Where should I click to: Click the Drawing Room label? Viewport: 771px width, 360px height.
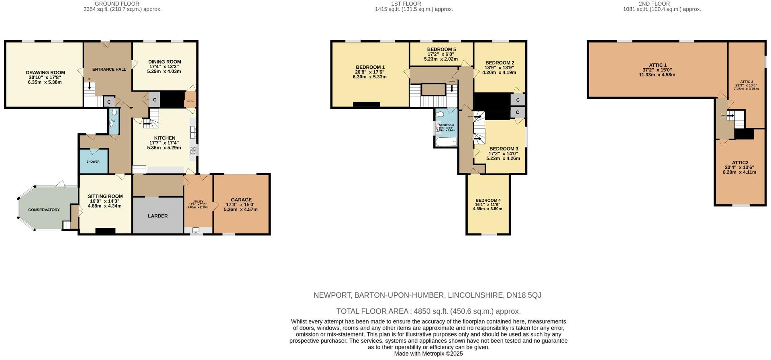pyautogui.click(x=45, y=73)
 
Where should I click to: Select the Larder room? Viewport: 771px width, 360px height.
pyautogui.click(x=157, y=216)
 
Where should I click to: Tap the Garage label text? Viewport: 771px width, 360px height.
pyautogui.click(x=241, y=200)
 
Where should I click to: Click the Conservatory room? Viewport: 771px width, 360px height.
pyautogui.click(x=44, y=210)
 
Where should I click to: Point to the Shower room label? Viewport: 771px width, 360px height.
pyautogui.click(x=93, y=162)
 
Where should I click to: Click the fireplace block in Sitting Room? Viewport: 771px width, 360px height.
pyautogui.click(x=105, y=231)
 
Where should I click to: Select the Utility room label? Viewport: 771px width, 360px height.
pyautogui.click(x=198, y=202)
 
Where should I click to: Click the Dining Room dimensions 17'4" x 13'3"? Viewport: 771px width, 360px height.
pyautogui.click(x=164, y=67)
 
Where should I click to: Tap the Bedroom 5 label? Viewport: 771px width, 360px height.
pyautogui.click(x=441, y=49)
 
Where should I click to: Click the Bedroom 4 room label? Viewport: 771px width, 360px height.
pyautogui.click(x=487, y=200)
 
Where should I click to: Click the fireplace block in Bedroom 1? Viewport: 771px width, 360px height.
pyautogui.click(x=366, y=105)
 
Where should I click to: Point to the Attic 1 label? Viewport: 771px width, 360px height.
pyautogui.click(x=657, y=65)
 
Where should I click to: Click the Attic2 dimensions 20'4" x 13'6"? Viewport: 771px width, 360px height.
pyautogui.click(x=739, y=168)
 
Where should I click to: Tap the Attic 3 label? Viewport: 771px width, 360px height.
pyautogui.click(x=747, y=82)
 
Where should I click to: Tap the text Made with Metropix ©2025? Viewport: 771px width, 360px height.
pyautogui.click(x=428, y=354)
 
